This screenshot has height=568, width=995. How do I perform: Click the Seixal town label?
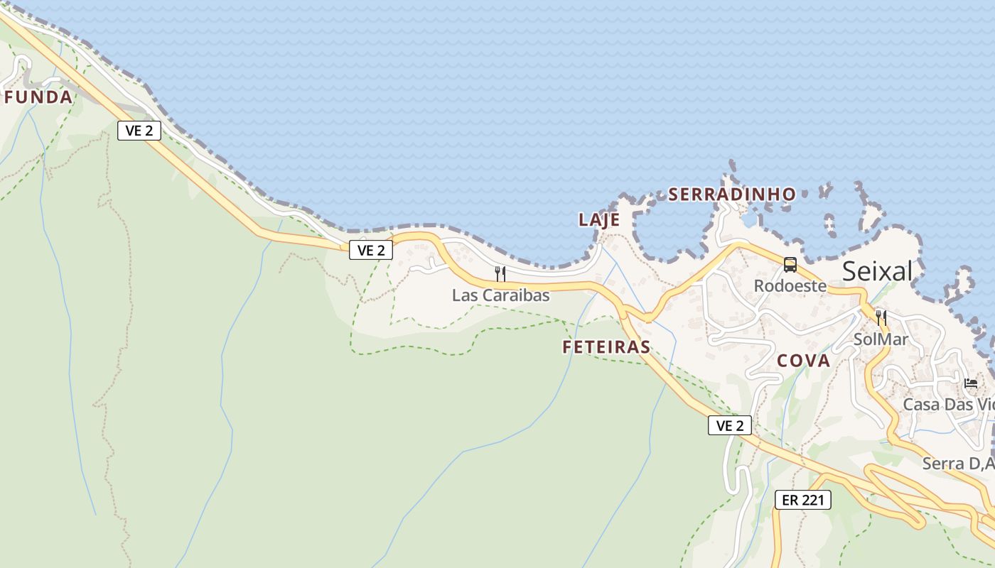coord(877,271)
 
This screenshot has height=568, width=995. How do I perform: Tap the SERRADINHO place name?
coord(732,194)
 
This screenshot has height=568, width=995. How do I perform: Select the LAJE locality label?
coord(599,220)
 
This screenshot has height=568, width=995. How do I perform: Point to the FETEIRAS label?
coord(606,347)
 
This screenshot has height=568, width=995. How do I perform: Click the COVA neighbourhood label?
coord(803,361)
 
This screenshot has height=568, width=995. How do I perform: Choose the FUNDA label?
coord(38,97)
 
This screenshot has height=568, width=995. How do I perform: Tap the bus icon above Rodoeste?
coord(790,265)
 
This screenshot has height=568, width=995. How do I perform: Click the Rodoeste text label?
coord(790,286)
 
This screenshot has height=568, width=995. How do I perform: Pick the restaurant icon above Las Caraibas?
coord(500,273)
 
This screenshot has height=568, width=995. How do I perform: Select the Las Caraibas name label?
coord(501,295)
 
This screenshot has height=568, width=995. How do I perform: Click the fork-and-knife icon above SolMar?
coord(881,317)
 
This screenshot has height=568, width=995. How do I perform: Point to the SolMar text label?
coord(881,339)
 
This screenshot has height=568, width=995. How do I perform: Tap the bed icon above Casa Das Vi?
coord(971,383)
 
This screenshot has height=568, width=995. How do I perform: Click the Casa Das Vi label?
coord(948,405)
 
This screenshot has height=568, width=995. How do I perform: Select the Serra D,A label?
coord(958,464)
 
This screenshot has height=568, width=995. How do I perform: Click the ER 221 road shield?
coord(802,500)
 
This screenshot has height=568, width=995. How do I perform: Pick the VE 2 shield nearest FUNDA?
coord(139,131)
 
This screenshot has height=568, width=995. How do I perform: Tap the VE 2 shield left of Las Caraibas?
coord(371,250)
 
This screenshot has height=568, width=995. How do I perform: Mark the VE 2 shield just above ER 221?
coord(730,426)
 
